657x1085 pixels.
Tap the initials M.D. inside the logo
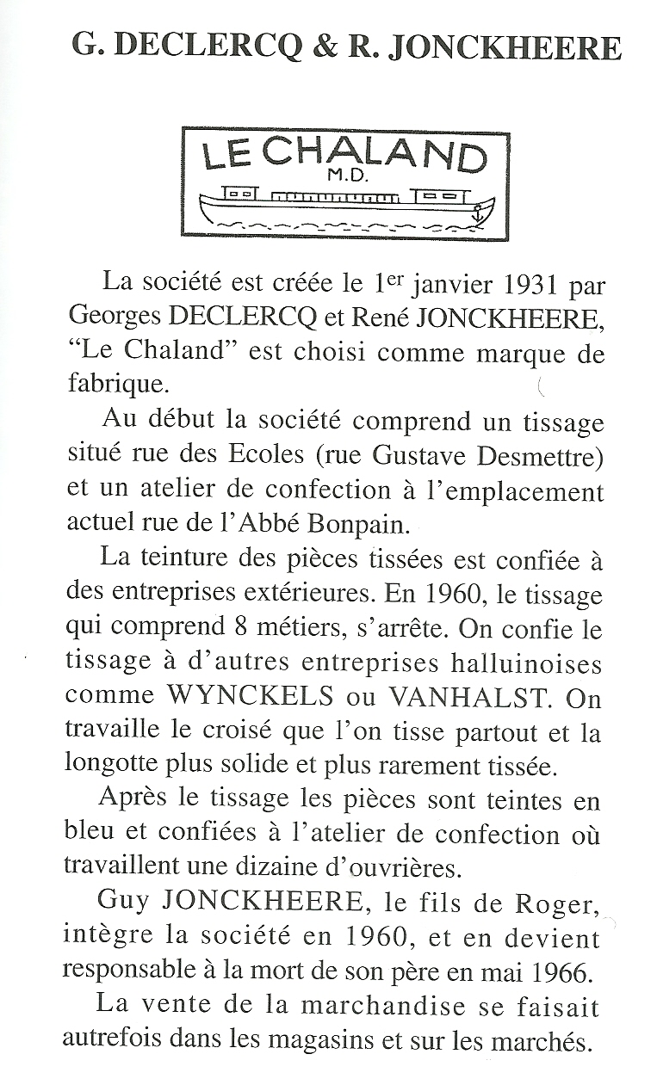(348, 177)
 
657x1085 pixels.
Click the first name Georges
(115, 319)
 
